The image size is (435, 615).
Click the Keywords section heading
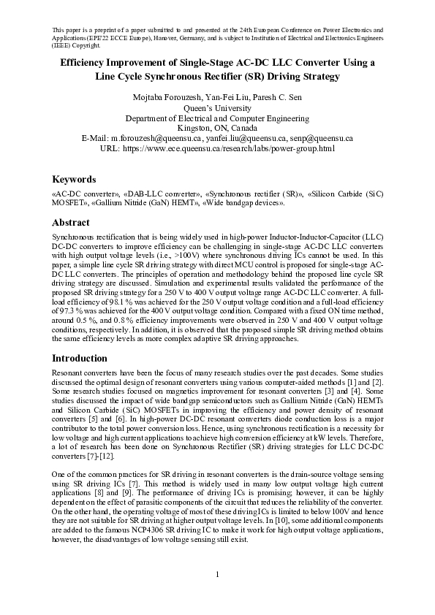[x=74, y=179]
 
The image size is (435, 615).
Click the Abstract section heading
[x=71, y=223]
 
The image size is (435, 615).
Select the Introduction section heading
[x=80, y=359]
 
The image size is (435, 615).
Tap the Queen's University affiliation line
[x=217, y=107]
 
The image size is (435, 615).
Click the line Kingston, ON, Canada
[x=217, y=128]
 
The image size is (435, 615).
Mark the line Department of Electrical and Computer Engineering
[x=217, y=118]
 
